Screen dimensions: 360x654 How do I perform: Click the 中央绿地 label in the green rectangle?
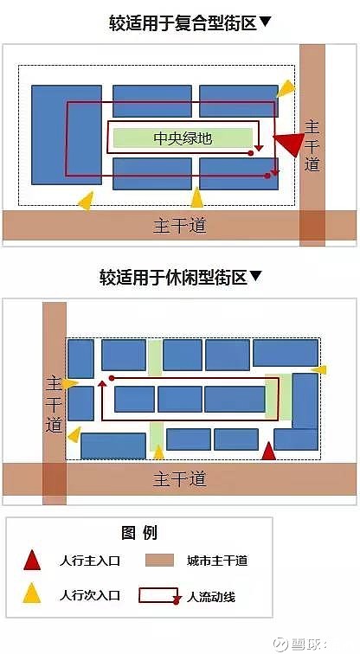tap(183, 138)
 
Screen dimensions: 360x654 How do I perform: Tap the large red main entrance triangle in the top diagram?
tap(290, 143)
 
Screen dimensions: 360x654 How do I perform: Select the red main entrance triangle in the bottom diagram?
tap(268, 452)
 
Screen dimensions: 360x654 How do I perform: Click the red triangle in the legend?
tap(32, 561)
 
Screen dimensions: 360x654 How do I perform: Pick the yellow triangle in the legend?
tap(32, 593)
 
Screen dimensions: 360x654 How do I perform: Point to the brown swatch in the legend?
tap(159, 561)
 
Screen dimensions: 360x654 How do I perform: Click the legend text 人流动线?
tap(211, 597)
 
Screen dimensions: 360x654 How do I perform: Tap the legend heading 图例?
tap(139, 533)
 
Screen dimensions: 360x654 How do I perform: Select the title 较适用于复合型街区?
tap(183, 23)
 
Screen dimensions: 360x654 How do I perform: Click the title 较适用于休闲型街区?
tap(173, 277)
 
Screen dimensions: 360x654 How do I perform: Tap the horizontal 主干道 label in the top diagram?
tap(180, 226)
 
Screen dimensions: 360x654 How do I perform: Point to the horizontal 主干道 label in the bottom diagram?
tap(180, 479)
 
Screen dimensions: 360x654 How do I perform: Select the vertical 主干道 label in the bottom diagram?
tap(55, 405)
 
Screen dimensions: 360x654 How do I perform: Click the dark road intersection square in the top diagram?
tap(312, 225)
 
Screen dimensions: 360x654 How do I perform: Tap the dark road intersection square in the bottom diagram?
tap(55, 479)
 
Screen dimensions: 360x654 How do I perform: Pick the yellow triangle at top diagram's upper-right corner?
tap(286, 88)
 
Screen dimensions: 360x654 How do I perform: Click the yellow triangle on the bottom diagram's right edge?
tap(319, 369)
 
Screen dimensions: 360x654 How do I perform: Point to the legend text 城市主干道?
tap(217, 561)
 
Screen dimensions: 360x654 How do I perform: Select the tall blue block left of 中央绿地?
tap(67, 135)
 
